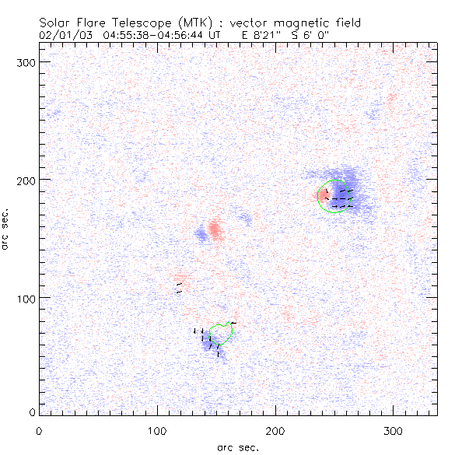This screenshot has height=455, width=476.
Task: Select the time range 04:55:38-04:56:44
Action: point(150,35)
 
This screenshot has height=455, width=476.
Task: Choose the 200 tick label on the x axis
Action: point(275,431)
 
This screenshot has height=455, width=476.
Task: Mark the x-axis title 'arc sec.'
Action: point(237,447)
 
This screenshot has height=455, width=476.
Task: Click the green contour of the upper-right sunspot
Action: point(320,198)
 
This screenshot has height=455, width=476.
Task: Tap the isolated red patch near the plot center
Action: point(215,229)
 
